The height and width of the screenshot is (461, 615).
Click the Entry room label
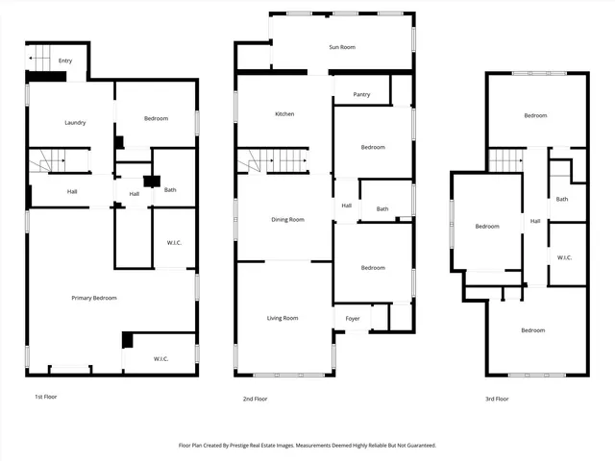coord(65,61)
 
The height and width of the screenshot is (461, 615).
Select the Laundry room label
coord(76,123)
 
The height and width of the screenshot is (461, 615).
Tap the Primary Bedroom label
coord(94,298)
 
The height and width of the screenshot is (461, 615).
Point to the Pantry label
coord(362,94)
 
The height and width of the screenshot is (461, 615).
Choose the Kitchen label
coord(284,114)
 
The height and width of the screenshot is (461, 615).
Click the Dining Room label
coord(287,220)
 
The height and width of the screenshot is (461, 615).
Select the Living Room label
coord(283,318)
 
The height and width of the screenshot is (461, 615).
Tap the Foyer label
coord(352,318)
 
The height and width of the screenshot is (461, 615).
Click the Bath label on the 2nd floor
coord(382,209)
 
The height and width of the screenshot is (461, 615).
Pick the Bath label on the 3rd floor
coord(562,199)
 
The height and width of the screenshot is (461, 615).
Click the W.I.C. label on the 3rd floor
coord(565,257)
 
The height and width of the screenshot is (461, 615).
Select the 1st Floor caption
coord(45,397)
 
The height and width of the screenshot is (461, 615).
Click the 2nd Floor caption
coord(255,399)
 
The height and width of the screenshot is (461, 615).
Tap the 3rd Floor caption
coord(496,399)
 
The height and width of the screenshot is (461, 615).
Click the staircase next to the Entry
coord(39,59)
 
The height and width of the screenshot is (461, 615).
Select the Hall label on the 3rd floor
coord(535,222)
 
